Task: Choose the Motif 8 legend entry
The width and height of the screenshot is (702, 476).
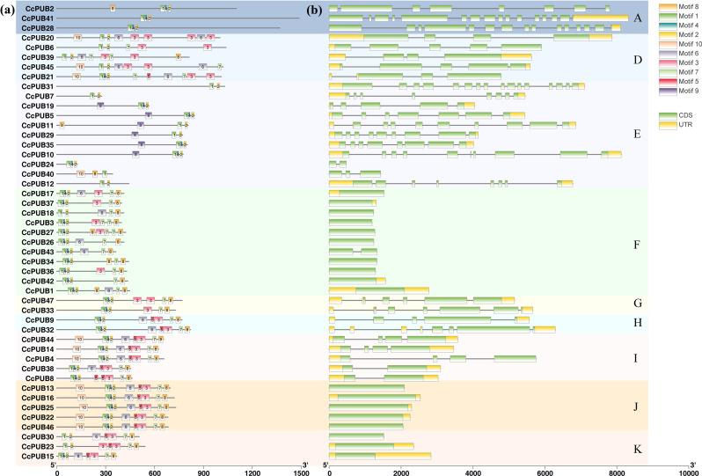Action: click(677, 7)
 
